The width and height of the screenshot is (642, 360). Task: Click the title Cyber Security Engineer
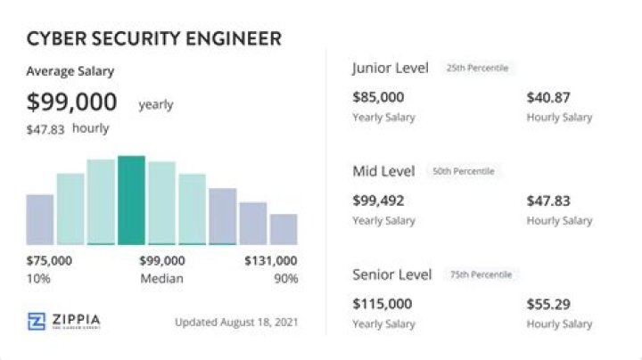(x=154, y=38)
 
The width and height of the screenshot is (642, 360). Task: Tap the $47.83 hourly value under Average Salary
(x=46, y=129)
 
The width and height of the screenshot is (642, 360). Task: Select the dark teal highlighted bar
(x=131, y=200)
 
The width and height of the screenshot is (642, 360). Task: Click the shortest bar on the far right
(x=284, y=229)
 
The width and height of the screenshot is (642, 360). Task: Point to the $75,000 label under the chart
(x=50, y=261)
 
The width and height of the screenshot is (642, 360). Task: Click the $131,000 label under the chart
(x=271, y=261)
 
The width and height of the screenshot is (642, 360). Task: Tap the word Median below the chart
(x=161, y=279)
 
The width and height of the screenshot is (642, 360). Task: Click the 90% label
(x=284, y=279)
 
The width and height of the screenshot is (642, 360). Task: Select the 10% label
(x=39, y=279)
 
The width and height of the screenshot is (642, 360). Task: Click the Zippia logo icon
(x=37, y=322)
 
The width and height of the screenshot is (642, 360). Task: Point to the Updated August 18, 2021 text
(x=237, y=322)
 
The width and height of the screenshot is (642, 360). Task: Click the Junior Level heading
(x=391, y=68)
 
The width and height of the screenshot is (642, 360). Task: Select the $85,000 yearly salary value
(x=378, y=97)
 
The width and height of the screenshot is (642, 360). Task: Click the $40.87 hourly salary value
(x=548, y=97)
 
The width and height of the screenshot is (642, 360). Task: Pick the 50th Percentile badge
(x=463, y=171)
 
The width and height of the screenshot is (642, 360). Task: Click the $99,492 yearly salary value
(x=378, y=200)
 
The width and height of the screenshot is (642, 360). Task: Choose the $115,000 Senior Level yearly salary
(x=382, y=304)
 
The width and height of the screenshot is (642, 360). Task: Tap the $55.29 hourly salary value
(x=548, y=304)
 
